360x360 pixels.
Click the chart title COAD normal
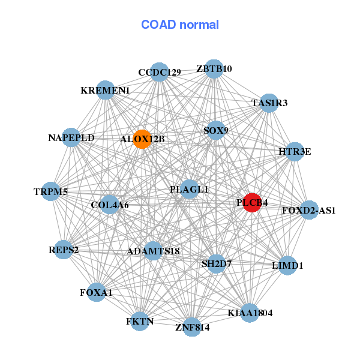pos(179,25)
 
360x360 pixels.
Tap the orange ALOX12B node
pos(142,139)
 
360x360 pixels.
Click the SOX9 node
pos(215,130)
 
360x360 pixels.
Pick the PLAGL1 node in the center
pos(189,189)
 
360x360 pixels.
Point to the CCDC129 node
pos(159,72)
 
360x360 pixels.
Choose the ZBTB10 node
pos(214,68)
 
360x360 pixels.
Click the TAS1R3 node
pos(269,103)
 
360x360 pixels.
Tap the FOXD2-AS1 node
pos(308,210)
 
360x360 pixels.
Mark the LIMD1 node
pos(287,265)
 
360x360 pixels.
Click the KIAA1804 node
pos(250,313)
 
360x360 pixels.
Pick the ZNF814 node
pos(192,327)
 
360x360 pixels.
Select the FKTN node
pos(140,322)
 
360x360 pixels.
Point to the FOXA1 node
pos(96,292)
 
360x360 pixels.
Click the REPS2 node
pos(64,250)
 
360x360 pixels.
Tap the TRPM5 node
pos(51,192)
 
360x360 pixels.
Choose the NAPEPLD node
pos(71,137)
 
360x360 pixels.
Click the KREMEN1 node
pos(105,91)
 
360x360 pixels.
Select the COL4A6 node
pos(110,205)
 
